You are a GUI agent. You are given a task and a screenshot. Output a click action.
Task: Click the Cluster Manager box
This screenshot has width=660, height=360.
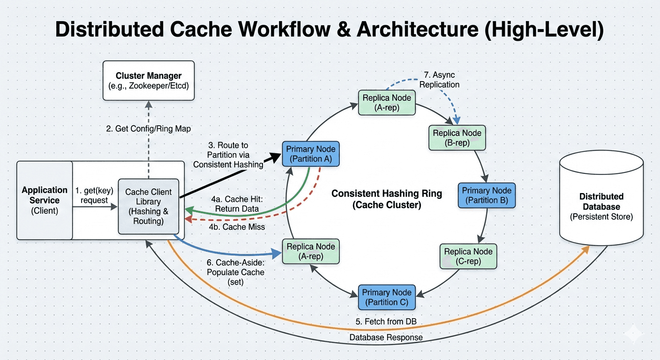(x=149, y=80)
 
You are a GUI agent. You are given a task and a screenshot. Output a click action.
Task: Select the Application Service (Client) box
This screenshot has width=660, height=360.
(x=45, y=200)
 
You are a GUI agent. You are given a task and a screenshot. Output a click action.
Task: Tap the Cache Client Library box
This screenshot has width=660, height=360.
(x=149, y=206)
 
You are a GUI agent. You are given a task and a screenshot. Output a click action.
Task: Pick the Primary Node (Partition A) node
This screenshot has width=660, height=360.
(x=310, y=154)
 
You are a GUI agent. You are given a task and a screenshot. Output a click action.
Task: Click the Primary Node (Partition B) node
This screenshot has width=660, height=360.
(x=487, y=195)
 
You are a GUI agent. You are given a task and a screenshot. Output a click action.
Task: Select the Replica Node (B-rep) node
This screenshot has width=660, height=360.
(x=457, y=138)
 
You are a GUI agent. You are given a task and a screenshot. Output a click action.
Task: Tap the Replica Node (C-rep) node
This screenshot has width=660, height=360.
(x=468, y=256)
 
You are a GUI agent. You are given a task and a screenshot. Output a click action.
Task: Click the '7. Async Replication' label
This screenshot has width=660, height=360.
(x=439, y=80)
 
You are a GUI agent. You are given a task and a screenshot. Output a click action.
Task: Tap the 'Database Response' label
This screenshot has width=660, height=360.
(x=386, y=337)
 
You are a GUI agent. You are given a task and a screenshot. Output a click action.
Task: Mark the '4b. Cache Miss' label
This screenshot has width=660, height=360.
(x=237, y=227)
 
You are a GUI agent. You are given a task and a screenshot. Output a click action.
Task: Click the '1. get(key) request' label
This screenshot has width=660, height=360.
(x=91, y=195)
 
